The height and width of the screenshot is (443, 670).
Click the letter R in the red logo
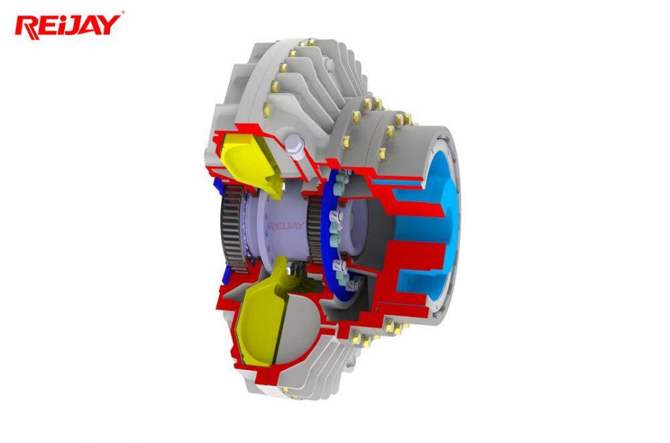[27, 27]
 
